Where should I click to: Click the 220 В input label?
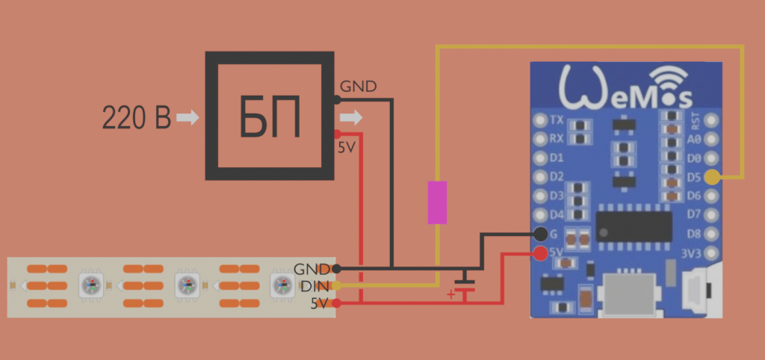coord(136,117)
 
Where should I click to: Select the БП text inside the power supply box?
coord(270,117)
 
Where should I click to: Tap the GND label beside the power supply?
coord(359,87)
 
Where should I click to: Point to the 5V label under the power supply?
coord(347,148)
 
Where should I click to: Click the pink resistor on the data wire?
coord(437,202)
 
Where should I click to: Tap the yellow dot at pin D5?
coord(711,178)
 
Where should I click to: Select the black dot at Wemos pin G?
coord(540,235)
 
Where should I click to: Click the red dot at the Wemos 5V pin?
coord(540,253)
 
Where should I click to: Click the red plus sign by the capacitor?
coord(450,294)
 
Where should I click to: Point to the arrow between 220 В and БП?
coord(188,117)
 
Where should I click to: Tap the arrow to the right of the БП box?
coord(351,117)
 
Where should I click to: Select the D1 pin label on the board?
coord(557,158)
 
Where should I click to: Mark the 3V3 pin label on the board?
coord(693,254)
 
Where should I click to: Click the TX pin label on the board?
coord(557,120)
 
